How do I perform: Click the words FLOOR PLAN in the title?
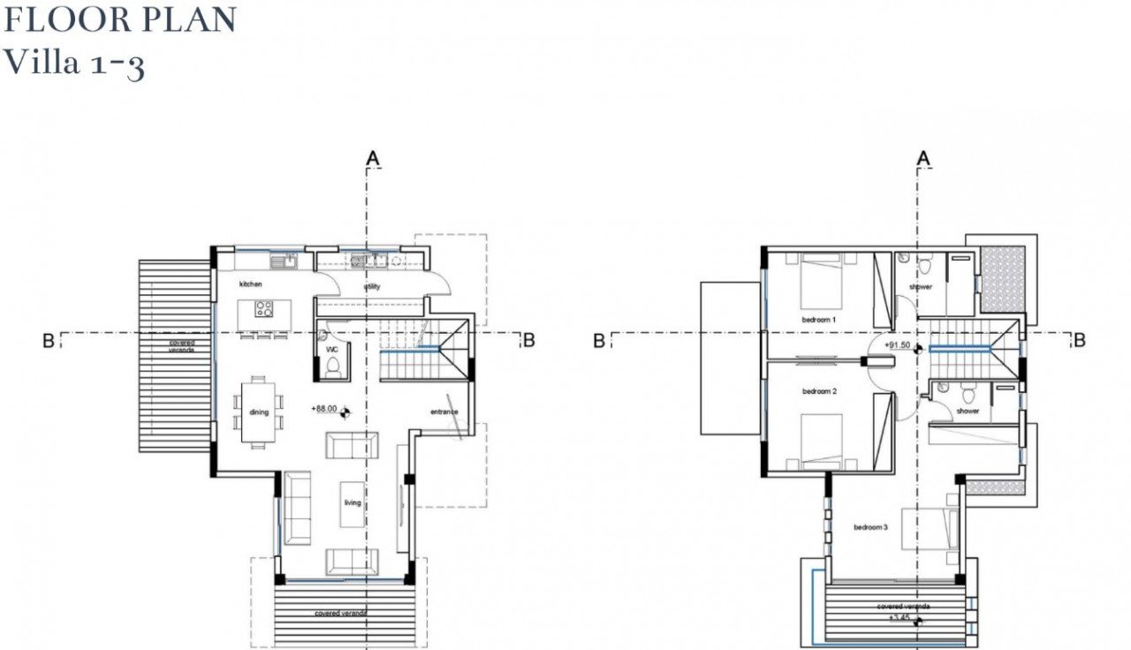pyautogui.click(x=120, y=20)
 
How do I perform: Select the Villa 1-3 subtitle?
pyautogui.click(x=74, y=64)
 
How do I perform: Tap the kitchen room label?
pyautogui.click(x=251, y=284)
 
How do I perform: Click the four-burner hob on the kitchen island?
pyautogui.click(x=263, y=308)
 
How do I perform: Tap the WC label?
pyautogui.click(x=332, y=349)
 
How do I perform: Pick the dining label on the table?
pyautogui.click(x=259, y=412)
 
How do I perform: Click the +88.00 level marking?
pyautogui.click(x=324, y=409)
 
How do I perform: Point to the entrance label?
pyautogui.click(x=444, y=412)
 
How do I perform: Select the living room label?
pyautogui.click(x=353, y=503)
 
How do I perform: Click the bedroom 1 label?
pyautogui.click(x=819, y=319)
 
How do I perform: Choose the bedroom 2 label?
pyautogui.click(x=819, y=391)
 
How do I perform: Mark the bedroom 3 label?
pyautogui.click(x=870, y=527)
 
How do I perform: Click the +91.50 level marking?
pyautogui.click(x=896, y=345)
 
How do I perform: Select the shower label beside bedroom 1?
pyautogui.click(x=921, y=287)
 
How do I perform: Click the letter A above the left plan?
pyautogui.click(x=373, y=157)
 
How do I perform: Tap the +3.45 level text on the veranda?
pyautogui.click(x=896, y=619)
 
